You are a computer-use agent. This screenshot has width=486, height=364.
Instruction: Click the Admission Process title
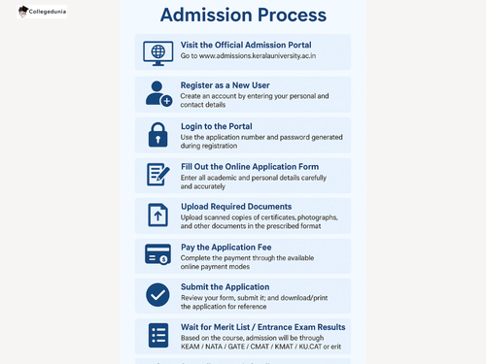242,16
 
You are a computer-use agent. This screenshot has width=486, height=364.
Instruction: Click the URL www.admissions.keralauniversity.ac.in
260,57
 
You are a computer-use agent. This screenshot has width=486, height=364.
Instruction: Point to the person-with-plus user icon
157,93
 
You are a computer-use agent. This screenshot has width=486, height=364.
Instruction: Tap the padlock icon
157,136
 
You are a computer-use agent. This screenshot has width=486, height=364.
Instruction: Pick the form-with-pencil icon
157,175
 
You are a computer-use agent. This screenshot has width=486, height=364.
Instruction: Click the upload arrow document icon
157,215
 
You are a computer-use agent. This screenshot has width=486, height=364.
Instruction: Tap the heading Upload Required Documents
236,207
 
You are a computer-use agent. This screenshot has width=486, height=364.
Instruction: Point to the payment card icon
157,254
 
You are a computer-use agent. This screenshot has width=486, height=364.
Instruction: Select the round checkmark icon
157,295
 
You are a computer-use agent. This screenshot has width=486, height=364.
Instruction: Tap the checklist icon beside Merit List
157,336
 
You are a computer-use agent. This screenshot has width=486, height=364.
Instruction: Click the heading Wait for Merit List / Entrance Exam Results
262,326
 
